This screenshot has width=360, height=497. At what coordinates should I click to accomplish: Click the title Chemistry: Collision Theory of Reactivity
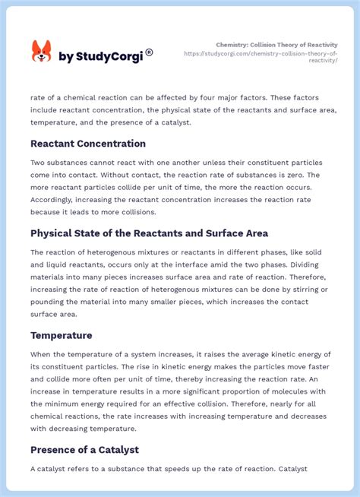(x=276, y=45)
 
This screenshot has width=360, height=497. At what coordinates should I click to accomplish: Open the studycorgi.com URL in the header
(x=261, y=56)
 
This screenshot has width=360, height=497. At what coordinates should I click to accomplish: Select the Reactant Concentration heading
(x=88, y=144)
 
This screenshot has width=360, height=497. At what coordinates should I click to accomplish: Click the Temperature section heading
(x=62, y=335)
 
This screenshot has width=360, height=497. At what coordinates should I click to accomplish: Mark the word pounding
(x=49, y=301)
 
